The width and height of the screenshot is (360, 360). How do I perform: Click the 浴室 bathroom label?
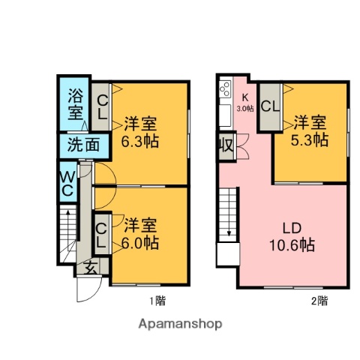75,104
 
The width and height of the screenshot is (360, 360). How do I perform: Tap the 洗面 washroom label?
76,145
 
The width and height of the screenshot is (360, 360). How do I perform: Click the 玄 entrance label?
89,265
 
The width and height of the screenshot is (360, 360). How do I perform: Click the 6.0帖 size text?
140,242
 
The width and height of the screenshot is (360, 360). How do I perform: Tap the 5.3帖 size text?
310,139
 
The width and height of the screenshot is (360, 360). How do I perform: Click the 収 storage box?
225,144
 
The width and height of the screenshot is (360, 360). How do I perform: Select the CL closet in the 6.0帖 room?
101,233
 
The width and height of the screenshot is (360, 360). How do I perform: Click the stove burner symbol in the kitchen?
224,91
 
